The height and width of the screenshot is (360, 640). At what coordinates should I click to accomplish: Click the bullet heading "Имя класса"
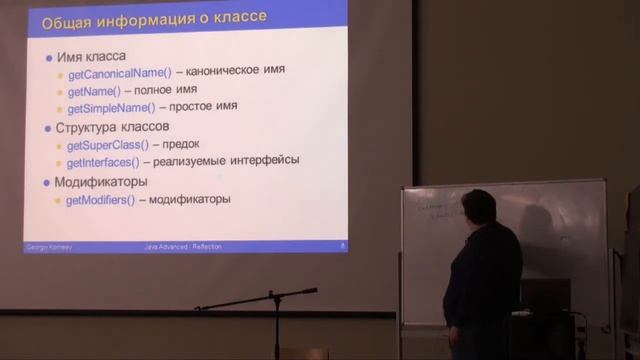tap(91, 56)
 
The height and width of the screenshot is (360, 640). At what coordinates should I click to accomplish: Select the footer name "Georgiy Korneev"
tap(44, 245)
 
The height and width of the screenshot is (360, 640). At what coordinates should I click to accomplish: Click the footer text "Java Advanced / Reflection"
tap(183, 245)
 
